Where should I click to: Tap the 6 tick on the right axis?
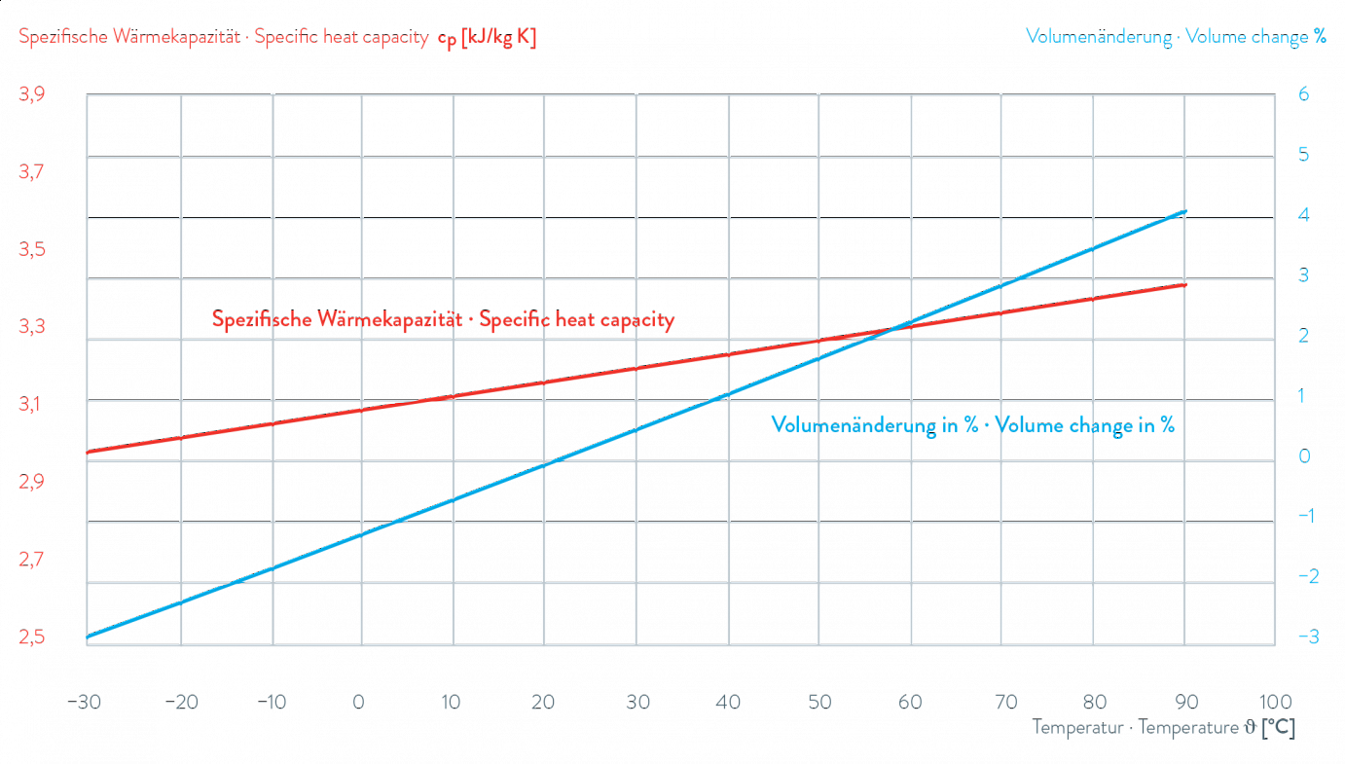pos(1303,94)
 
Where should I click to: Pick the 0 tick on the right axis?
pos(1303,456)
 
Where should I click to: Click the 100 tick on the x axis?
pos(1274,703)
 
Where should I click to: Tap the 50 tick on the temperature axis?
pos(818,703)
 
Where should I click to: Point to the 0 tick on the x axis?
pos(360,703)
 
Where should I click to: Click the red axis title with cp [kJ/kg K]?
pos(277,39)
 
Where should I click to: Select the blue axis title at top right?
pos(1176,39)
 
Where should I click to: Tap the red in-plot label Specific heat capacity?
pos(443,320)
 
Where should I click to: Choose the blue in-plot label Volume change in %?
pos(972,425)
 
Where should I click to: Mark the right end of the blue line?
pos(1185,211)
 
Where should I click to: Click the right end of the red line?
pos(1185,284)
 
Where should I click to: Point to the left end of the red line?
pos(88,453)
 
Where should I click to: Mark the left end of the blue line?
pos(88,638)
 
